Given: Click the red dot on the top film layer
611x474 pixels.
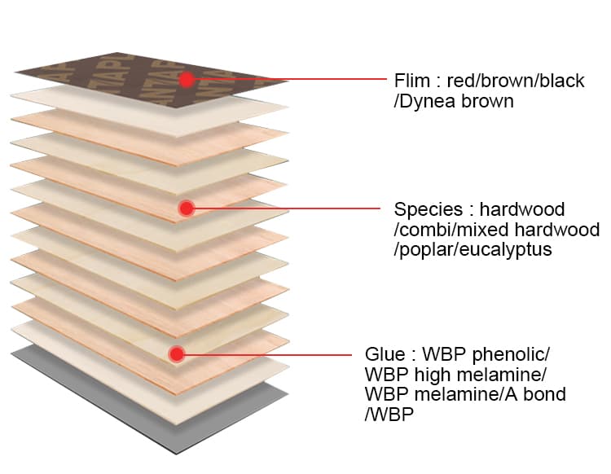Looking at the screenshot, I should tap(187, 80).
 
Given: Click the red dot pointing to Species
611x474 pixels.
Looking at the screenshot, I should tap(187, 208).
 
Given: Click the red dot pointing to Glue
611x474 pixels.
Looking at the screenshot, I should tap(177, 354).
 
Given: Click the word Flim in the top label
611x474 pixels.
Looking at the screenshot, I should tap(412, 81).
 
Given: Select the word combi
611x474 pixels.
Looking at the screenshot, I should tap(424, 230).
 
